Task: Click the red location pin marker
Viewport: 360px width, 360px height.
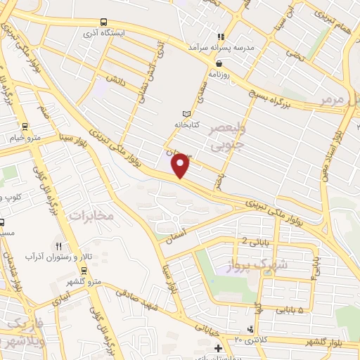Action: tap(181, 165)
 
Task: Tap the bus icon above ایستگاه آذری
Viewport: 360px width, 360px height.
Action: tap(104, 21)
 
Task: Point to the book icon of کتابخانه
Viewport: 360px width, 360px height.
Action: tap(186, 114)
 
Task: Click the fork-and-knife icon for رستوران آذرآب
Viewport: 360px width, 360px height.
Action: tap(58, 245)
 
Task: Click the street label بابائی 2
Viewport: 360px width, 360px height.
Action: tap(255, 241)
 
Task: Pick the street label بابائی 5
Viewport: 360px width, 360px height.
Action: tap(289, 309)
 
